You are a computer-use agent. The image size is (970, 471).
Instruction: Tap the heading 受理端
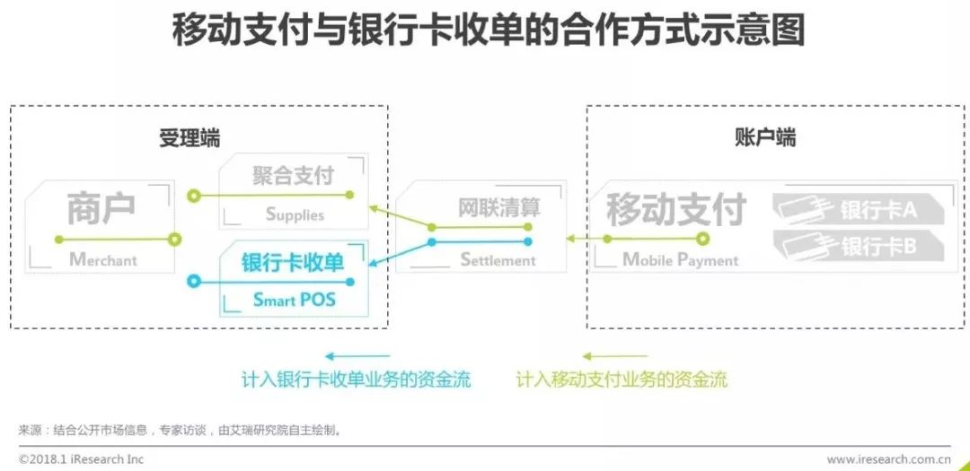point(190,138)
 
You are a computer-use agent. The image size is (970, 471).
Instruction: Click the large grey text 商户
point(101,208)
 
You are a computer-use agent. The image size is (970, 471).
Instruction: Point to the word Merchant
point(103,260)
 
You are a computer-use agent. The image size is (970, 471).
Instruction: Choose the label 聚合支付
point(293,174)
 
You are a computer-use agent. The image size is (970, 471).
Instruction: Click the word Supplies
point(295,214)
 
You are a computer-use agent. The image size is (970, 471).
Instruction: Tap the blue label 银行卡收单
point(293,262)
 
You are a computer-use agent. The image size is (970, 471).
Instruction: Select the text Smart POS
point(294,300)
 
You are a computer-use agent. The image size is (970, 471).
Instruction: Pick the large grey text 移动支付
point(676,209)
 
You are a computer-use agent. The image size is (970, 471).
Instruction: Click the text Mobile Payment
point(680,260)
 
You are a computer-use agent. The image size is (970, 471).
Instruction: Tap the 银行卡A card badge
point(857,211)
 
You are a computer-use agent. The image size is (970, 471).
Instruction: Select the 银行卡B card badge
point(857,245)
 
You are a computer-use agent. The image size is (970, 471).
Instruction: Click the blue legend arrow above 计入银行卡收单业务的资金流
point(357,356)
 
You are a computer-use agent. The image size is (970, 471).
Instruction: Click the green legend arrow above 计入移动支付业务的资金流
point(614,356)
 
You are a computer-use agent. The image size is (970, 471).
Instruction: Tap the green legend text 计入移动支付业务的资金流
point(622,379)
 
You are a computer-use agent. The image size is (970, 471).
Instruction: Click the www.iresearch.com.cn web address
point(888,459)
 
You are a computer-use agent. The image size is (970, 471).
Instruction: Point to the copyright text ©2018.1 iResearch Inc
point(81,459)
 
